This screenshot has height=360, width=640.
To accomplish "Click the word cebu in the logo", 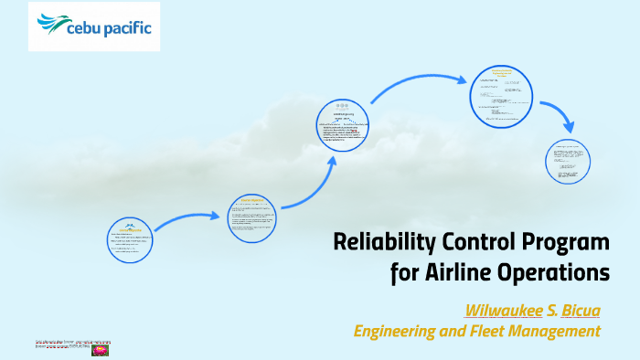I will (87, 27).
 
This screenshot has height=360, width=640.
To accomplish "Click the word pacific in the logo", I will (127, 27).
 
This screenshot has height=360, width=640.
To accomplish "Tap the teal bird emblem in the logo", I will (50, 22).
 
